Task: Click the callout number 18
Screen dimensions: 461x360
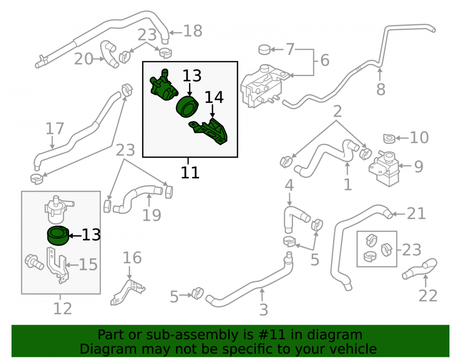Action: [x=193, y=31]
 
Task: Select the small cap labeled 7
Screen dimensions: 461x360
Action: [x=264, y=50]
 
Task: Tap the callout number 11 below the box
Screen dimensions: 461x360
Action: [x=190, y=173]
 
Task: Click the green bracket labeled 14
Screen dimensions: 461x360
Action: [x=209, y=131]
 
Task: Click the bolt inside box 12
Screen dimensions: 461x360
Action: [x=34, y=261]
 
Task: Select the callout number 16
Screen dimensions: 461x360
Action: [x=132, y=258]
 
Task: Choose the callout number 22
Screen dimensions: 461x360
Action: [x=428, y=295]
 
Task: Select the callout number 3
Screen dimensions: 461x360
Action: [x=264, y=310]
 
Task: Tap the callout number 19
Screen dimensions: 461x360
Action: [x=152, y=215]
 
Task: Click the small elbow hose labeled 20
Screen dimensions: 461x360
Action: [x=109, y=54]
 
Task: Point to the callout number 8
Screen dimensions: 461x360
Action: [x=381, y=89]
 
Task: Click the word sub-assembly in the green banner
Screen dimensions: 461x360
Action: [x=192, y=335]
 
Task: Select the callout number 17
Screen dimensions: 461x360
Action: [x=55, y=129]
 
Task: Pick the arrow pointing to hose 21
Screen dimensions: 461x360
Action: [x=399, y=214]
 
